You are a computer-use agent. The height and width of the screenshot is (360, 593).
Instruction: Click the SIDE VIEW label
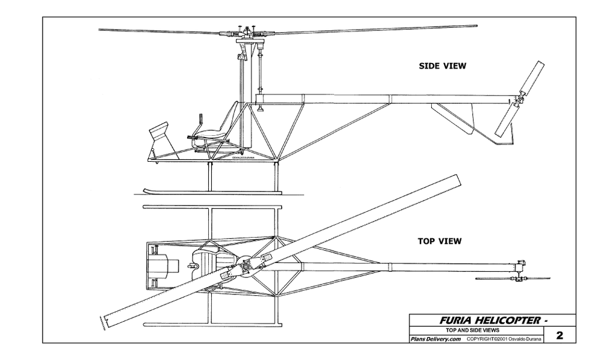pos(442,66)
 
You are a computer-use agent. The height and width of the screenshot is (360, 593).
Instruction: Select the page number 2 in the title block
pos(560,336)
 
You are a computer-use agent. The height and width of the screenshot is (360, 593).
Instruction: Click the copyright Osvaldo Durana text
pos(505,339)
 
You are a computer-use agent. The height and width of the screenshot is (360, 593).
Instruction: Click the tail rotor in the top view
pos(519,279)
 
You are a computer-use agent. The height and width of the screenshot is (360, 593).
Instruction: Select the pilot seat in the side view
pos(216,130)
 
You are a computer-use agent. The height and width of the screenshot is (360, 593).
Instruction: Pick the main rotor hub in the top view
pos(246,267)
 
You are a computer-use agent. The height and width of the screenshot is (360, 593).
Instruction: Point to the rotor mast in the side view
pos(242,93)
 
